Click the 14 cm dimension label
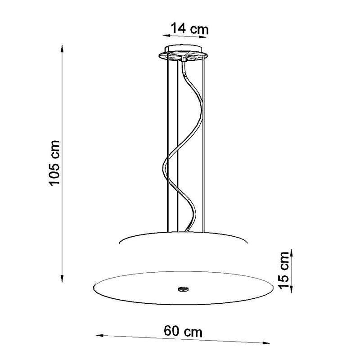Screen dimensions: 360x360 point(189,28)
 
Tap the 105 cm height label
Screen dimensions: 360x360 point(54,162)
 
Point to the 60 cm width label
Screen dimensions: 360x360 point(183,331)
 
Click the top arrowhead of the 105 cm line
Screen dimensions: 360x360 point(62,49)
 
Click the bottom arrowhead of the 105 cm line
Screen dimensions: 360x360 point(62,278)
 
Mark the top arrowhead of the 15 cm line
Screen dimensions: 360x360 point(291,253)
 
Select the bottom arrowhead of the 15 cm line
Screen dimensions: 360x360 point(291,289)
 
